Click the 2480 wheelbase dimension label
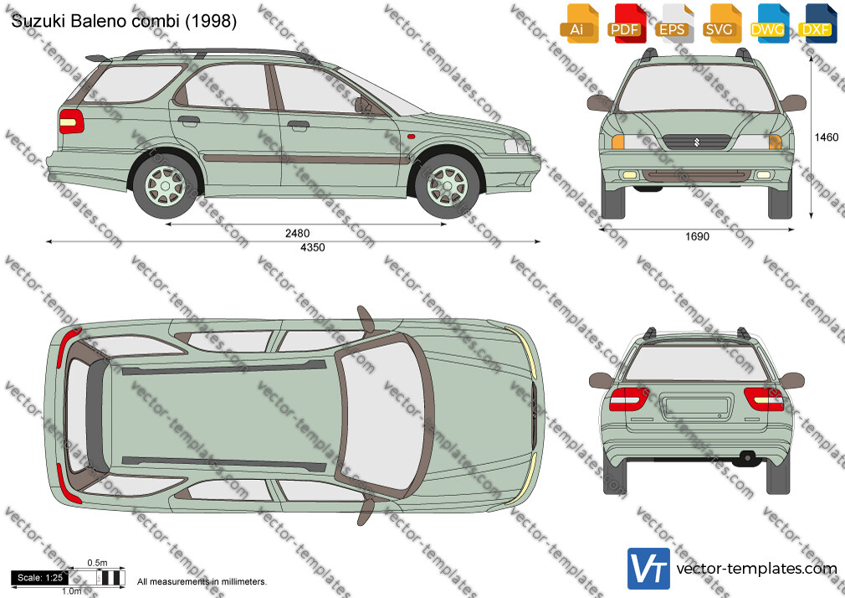pos(298,233)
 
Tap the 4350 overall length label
pos(313,247)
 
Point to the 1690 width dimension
pos(698,236)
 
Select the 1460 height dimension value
pos(827,137)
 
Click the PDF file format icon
pos(625,23)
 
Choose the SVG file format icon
pos(720,23)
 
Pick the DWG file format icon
pos(767,23)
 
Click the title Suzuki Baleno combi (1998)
pos(124,21)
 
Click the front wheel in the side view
pos(448,186)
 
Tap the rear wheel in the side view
pos(166,186)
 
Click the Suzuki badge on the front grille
pos(696,142)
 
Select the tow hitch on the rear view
pos(747,457)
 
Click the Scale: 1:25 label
pos(40,578)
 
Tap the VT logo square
pos(649,569)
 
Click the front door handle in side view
pos(298,126)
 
